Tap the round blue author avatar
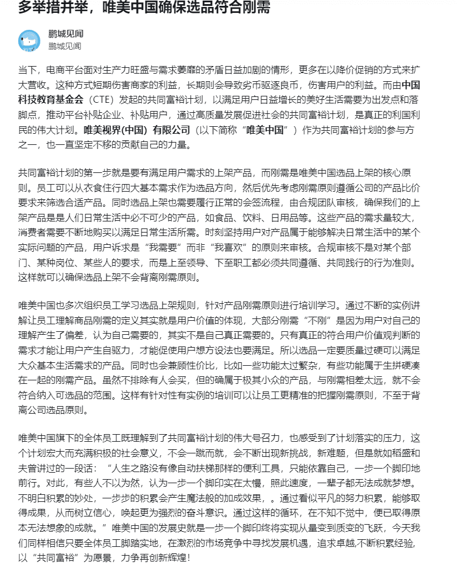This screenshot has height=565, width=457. (x=29, y=40)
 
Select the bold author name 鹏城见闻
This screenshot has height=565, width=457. (x=65, y=34)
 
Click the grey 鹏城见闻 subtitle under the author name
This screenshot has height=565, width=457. (x=65, y=46)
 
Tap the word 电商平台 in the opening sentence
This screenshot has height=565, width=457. (x=67, y=69)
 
